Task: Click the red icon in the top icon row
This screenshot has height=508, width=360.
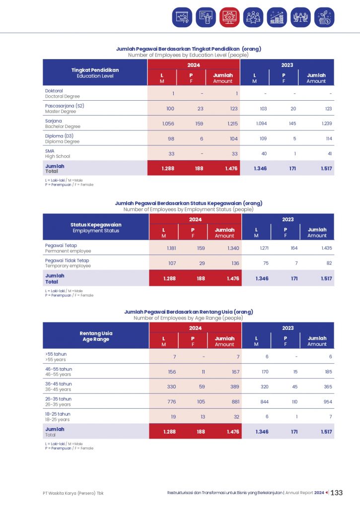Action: coord(229,17)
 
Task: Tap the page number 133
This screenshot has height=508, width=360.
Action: coord(337,493)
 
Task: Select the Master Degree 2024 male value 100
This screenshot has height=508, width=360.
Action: coord(170,109)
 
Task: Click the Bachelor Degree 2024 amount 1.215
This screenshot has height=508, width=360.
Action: coord(231,124)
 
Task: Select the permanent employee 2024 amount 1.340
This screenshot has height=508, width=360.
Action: coord(231,248)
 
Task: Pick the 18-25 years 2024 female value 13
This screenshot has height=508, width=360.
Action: coord(202,417)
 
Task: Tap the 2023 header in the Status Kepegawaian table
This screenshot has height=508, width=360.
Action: coord(288,219)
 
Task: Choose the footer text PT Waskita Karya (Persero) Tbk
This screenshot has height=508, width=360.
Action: coord(73,493)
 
